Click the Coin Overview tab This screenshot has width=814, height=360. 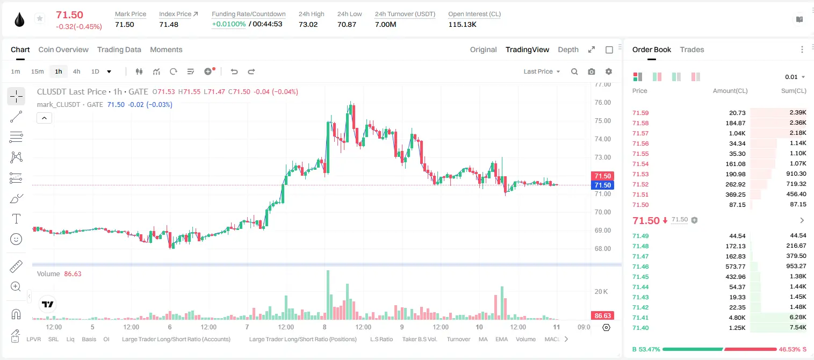tap(63, 49)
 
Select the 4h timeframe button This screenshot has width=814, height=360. tap(76, 71)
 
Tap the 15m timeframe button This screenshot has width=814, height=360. tap(38, 71)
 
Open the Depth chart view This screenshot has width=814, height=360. tap(568, 49)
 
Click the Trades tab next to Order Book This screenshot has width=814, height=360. tap(692, 49)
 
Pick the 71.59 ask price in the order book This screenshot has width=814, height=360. tap(640, 113)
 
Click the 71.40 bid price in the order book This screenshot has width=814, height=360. tap(640, 328)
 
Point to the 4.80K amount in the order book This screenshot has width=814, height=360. tap(737, 318)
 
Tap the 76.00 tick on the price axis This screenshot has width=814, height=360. tap(602, 103)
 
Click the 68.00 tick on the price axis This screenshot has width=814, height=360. tap(602, 249)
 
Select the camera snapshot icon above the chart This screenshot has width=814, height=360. tap(592, 71)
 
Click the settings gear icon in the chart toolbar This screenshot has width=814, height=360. tap(609, 71)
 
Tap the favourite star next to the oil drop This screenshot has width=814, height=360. tap(40, 18)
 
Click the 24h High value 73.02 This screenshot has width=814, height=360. tap(308, 24)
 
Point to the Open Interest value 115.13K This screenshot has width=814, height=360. tap(462, 24)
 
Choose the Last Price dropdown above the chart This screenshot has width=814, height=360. tap(542, 71)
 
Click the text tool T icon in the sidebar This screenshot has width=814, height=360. tap(16, 219)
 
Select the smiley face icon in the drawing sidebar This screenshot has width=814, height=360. tap(16, 239)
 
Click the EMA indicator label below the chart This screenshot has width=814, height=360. tap(501, 339)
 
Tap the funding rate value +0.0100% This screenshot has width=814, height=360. tap(229, 24)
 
